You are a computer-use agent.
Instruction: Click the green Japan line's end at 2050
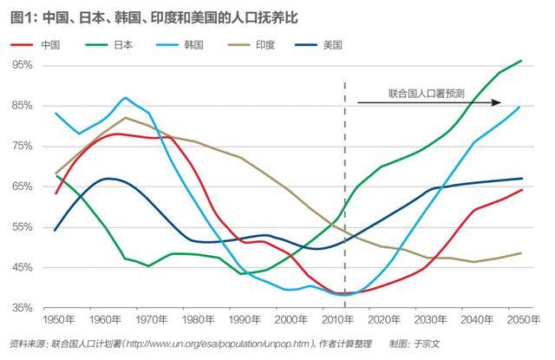point(520,61)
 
